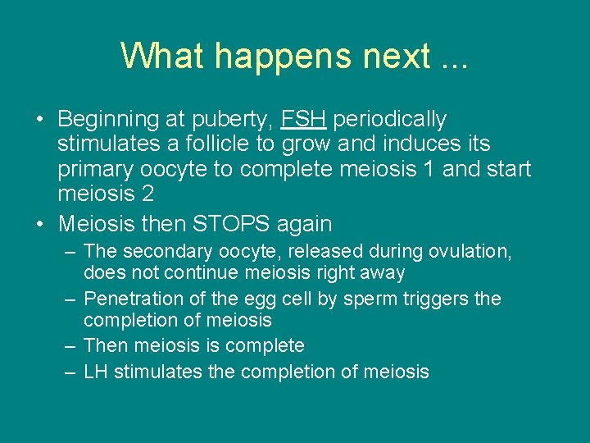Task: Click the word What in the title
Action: tap(160, 56)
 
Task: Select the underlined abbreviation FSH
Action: tap(304, 120)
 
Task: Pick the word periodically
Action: tap(391, 120)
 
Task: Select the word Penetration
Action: tap(132, 299)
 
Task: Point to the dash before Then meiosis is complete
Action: tap(70, 346)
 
